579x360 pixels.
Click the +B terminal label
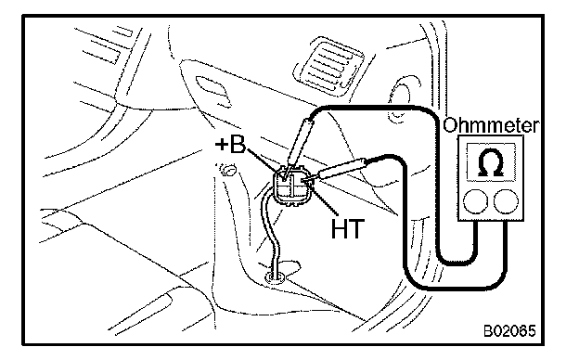(230, 145)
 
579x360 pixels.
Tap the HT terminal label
(348, 228)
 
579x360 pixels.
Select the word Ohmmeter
(491, 125)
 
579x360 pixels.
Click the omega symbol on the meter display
(491, 161)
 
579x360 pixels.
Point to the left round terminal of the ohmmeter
(476, 201)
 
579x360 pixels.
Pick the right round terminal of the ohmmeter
(506, 201)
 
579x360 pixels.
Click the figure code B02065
(509, 331)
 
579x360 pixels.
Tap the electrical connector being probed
(291, 186)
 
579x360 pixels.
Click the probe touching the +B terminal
(299, 146)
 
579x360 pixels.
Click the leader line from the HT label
(324, 201)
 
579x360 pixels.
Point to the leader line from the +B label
(264, 161)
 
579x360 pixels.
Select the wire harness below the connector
(270, 237)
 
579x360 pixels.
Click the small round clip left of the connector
(228, 170)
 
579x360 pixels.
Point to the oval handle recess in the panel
(212, 91)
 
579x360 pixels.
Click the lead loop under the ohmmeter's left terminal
(457, 263)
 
